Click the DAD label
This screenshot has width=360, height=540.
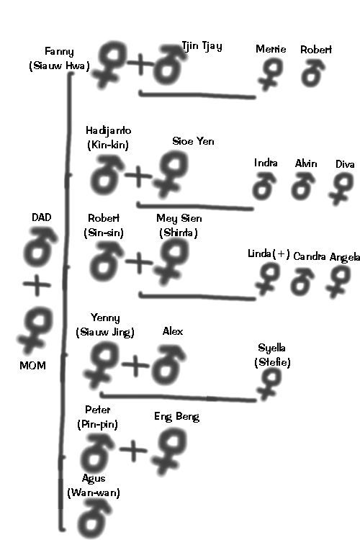click(x=41, y=217)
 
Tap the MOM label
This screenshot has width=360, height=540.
click(x=32, y=365)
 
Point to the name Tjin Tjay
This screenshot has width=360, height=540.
click(x=202, y=46)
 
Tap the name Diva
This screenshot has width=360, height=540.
click(x=345, y=164)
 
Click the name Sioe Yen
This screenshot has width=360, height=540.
click(x=193, y=141)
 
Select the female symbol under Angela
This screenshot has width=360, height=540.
click(x=338, y=282)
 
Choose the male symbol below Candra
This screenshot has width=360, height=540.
click(x=302, y=282)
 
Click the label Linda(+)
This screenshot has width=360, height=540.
click(x=269, y=254)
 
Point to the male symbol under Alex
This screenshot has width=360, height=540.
click(x=168, y=366)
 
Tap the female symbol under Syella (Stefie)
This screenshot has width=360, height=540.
click(x=269, y=384)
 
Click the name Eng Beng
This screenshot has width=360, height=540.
click(x=176, y=416)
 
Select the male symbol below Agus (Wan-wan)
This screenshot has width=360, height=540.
click(x=94, y=518)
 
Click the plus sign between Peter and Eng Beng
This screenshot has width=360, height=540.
click(x=133, y=449)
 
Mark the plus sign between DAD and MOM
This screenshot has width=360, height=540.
click(x=37, y=285)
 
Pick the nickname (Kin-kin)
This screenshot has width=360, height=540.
click(x=108, y=145)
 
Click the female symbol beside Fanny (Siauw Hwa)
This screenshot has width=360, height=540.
click(x=109, y=63)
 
